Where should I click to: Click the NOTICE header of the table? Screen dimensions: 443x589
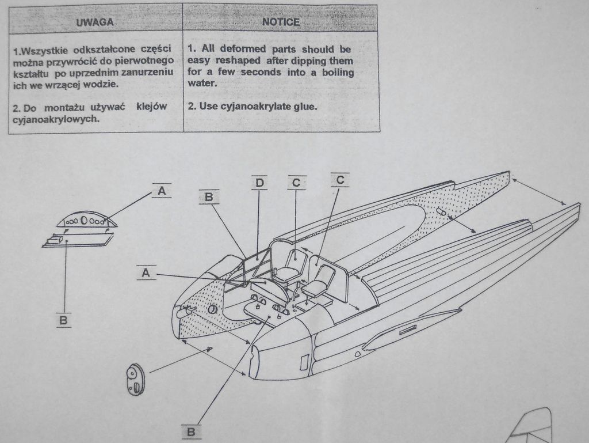pos(280,22)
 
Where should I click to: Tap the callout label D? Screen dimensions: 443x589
pos(259,183)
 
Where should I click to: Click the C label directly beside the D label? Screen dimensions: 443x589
pos(296,183)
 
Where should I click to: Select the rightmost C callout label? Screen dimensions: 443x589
pos(340,180)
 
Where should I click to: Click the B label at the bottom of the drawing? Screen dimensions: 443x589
pos(192,430)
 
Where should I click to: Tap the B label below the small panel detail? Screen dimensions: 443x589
pos(63,320)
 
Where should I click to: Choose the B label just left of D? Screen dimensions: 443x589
pos(209,196)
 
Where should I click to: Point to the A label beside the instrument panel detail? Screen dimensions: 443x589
pos(162,191)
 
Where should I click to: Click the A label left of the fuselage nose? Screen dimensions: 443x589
pos(146,272)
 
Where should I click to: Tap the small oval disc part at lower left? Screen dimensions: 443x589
pos(135,378)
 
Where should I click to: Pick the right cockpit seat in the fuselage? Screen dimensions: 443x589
pos(320,282)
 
